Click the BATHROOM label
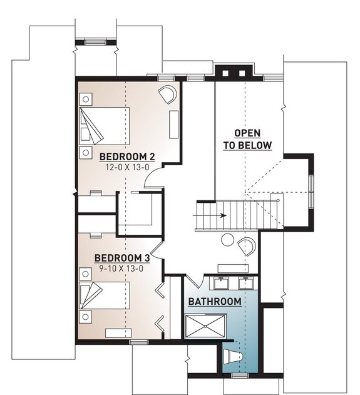tap(215, 302)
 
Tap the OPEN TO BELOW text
tap(248, 140)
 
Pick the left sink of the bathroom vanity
tap(222, 283)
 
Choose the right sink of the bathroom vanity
tap(246, 283)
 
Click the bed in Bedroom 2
tap(105, 125)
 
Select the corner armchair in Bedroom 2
tap(167, 96)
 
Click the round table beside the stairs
tap(229, 240)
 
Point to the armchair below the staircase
tap(249, 247)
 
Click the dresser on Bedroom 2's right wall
tap(173, 123)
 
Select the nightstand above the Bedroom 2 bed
tap(85, 98)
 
